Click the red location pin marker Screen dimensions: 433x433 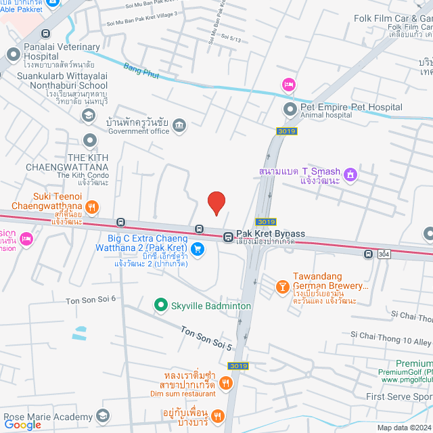[216, 202]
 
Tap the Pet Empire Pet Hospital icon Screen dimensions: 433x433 [290, 108]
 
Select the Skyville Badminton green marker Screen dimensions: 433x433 [161, 306]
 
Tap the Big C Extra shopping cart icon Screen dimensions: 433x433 [197, 249]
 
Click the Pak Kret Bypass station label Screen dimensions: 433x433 [270, 234]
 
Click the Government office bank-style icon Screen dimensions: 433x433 [179, 124]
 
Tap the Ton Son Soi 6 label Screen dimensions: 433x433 [91, 298]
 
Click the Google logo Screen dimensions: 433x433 [22, 424]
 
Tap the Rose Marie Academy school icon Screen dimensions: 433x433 [103, 414]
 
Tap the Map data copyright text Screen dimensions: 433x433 [403, 428]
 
